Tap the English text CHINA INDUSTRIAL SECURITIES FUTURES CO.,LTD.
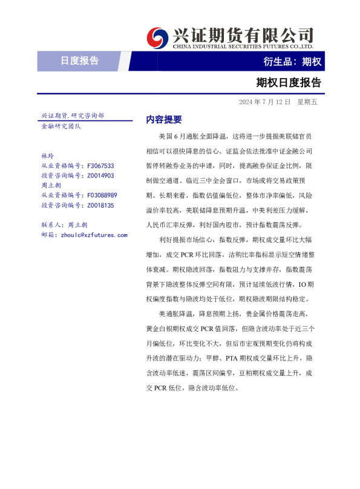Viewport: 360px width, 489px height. click(x=243, y=46)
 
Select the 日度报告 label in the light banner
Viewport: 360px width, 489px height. click(x=79, y=61)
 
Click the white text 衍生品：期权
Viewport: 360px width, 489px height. click(x=292, y=61)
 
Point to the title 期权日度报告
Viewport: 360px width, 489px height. click(x=289, y=82)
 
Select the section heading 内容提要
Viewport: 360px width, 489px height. click(x=163, y=120)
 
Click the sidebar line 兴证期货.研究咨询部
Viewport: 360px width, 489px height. click(x=72, y=115)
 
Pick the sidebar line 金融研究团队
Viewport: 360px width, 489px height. click(x=61, y=126)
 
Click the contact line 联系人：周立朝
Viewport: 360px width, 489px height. click(x=64, y=225)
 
